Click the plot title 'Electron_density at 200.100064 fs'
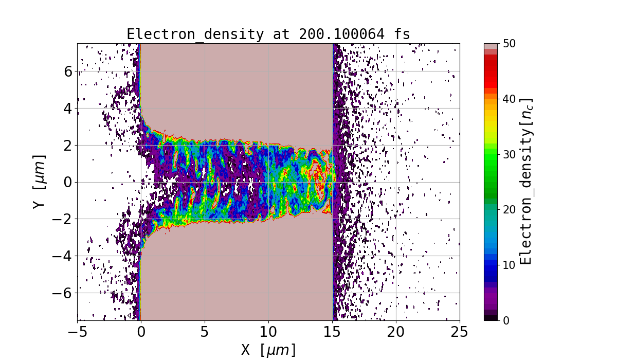click(x=268, y=34)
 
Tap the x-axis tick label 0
click(x=141, y=332)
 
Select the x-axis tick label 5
click(x=205, y=332)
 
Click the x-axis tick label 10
click(x=268, y=332)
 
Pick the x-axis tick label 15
click(x=332, y=332)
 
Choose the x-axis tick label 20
click(x=396, y=332)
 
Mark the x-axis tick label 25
click(x=460, y=332)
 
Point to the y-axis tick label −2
click(x=63, y=219)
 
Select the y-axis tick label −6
click(x=63, y=293)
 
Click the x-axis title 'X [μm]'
click(x=268, y=350)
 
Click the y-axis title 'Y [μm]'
click(x=39, y=182)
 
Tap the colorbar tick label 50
click(x=509, y=44)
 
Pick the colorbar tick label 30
click(x=509, y=154)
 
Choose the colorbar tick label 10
click(x=509, y=265)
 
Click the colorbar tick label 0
click(x=505, y=320)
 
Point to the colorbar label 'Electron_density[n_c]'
click(x=525, y=182)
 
